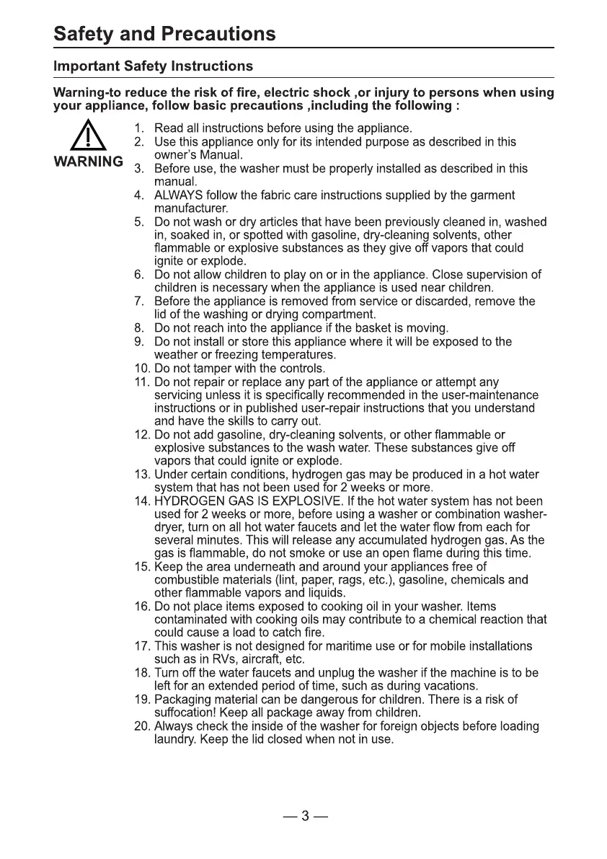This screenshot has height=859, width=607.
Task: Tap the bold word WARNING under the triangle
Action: (89, 161)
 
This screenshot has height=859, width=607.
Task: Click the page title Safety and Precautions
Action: (164, 34)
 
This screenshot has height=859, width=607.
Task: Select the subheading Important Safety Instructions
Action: (153, 66)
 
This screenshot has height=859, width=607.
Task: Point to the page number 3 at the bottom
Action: (305, 816)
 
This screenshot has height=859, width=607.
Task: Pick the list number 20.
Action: (141, 726)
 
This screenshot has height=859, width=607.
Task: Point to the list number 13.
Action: (141, 475)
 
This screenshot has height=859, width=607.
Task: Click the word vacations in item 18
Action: (453, 685)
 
